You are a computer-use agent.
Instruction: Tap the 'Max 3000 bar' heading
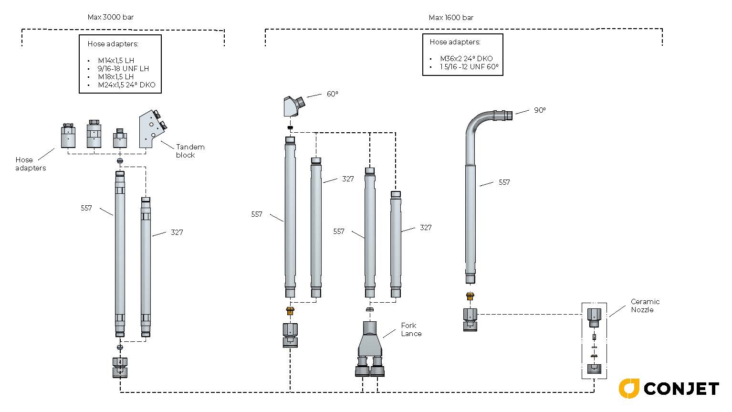(110, 17)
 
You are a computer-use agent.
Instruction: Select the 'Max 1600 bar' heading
(451, 18)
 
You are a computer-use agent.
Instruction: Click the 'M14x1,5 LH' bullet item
(116, 61)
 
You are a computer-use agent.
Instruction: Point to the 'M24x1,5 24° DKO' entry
(126, 85)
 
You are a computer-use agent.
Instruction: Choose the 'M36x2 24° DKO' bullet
(466, 59)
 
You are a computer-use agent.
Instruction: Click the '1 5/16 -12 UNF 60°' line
(469, 67)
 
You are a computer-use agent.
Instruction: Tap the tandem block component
(152, 129)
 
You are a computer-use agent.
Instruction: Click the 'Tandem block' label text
(190, 151)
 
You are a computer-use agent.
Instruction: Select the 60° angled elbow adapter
(293, 106)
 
